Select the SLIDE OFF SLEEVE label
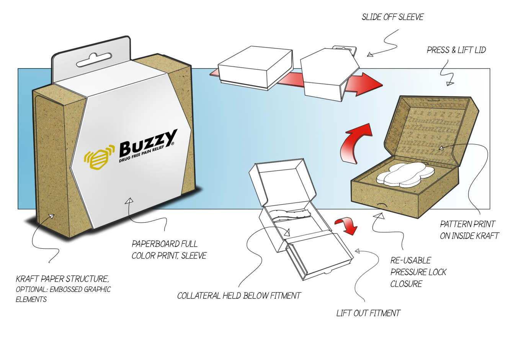pos(392,17)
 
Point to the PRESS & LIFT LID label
pos(456,50)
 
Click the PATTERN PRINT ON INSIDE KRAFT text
pos(469,230)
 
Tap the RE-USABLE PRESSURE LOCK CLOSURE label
pos(418,272)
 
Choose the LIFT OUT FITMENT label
pos(368,313)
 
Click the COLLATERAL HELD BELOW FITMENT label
pos(239,296)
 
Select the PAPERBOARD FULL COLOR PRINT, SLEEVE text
pos(169,250)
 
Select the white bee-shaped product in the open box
pos(405,174)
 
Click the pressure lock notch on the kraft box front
pos(381,206)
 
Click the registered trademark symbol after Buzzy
pos(173,143)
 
